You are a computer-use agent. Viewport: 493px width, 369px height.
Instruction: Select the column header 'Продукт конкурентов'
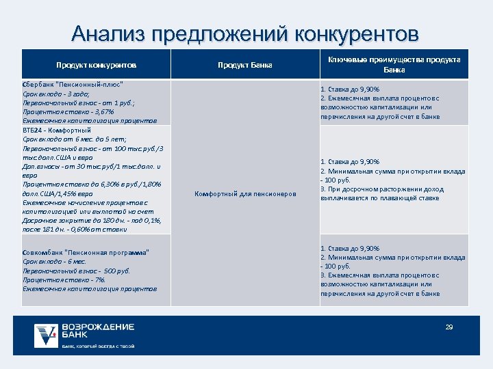coord(96,66)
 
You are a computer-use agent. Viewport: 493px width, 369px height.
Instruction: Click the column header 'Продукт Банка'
coord(244,66)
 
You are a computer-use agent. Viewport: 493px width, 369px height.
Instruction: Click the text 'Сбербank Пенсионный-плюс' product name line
coord(73,84)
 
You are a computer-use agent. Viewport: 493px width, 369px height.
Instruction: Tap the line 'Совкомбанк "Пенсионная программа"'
coord(86,253)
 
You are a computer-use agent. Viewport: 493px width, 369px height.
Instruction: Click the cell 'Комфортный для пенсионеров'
coord(245,194)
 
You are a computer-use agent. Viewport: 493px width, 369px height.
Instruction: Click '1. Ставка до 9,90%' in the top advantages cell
coord(350,90)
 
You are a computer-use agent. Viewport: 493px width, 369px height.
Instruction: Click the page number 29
coord(449,327)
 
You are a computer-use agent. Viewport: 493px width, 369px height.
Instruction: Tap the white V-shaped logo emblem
coord(47,335)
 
